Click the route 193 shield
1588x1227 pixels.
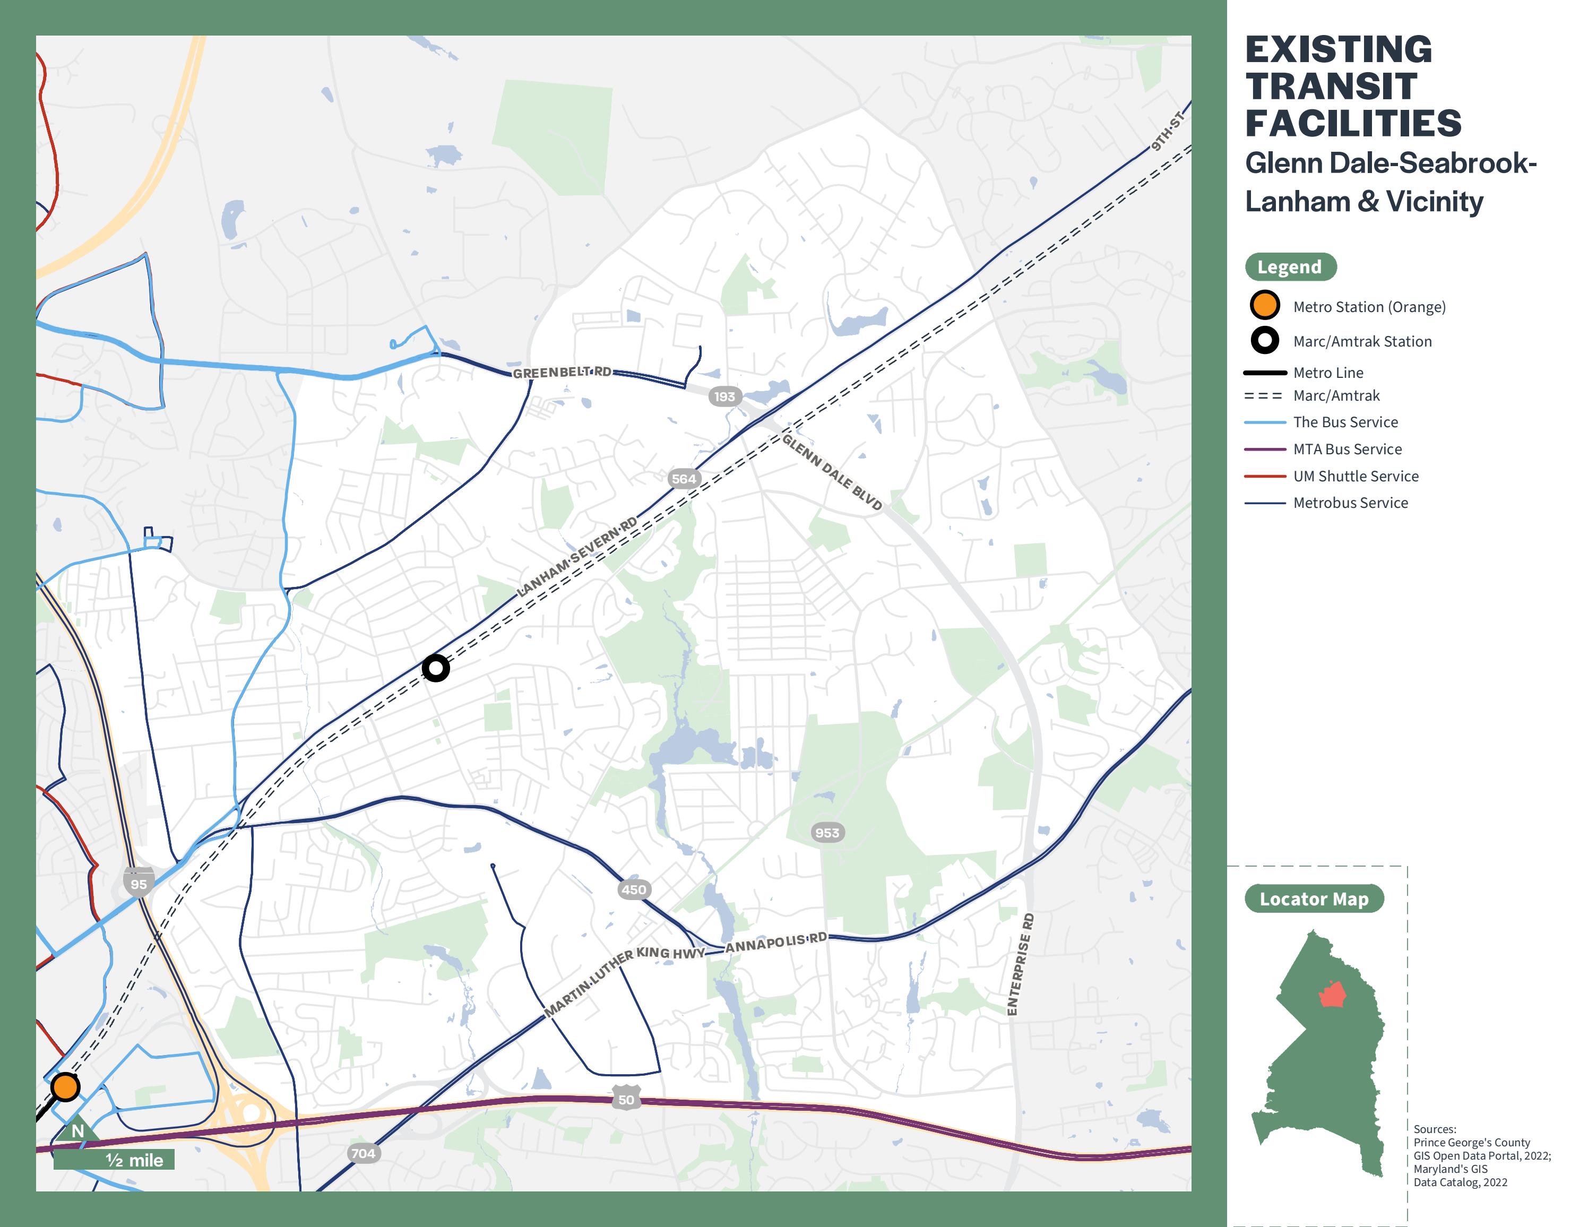[724, 396]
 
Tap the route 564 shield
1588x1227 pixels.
[684, 478]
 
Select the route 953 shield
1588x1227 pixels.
[827, 832]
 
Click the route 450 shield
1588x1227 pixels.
[633, 889]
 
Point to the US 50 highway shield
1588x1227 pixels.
[626, 1099]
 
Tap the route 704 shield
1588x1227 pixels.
[363, 1153]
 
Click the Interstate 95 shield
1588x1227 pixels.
[138, 883]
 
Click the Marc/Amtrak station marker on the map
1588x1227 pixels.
[436, 667]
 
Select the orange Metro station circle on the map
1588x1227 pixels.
[65, 1087]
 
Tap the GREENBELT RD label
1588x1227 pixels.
[562, 372]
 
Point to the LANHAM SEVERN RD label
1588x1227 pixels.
[576, 556]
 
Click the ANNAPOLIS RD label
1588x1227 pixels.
[776, 942]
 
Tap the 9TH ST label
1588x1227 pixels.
[1167, 132]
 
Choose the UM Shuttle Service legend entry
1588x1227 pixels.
[1356, 476]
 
